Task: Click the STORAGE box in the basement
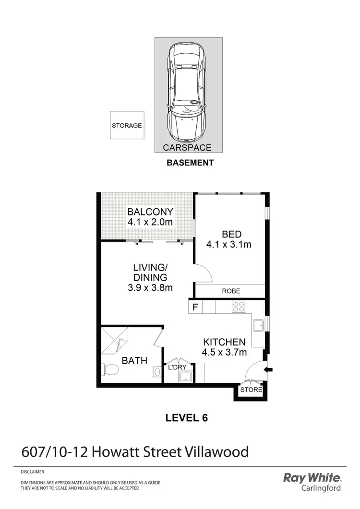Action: (x=127, y=126)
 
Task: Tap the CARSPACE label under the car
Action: (x=187, y=148)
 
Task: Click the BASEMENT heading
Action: (x=190, y=163)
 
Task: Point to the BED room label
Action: (x=231, y=234)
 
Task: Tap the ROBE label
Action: (x=231, y=291)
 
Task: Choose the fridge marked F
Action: (x=195, y=307)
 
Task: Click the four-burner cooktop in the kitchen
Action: (x=239, y=307)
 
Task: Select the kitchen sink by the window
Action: (x=258, y=325)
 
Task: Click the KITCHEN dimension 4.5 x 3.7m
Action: (x=225, y=353)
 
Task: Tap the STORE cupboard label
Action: (x=251, y=390)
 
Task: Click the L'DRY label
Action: (x=177, y=367)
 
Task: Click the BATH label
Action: (x=134, y=361)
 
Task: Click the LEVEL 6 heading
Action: (x=186, y=418)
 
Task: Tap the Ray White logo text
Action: (x=312, y=478)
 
